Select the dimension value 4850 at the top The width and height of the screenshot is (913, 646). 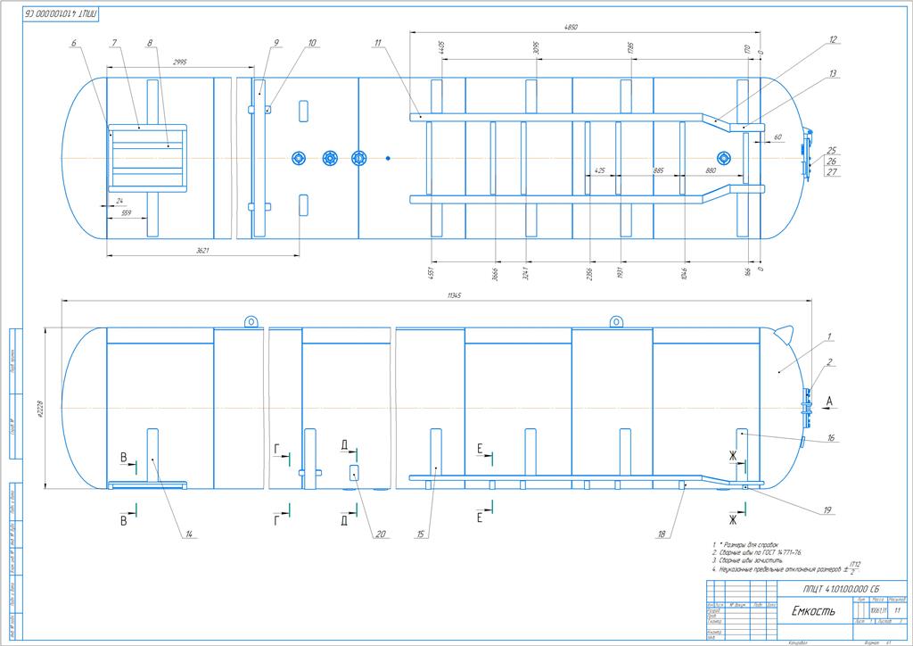(572, 28)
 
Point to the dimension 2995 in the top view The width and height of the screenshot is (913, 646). (180, 62)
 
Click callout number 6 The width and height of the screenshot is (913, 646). (74, 43)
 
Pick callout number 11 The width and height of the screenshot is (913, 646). (378, 43)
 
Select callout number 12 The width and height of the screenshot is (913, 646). (833, 40)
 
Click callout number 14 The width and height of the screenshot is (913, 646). (189, 534)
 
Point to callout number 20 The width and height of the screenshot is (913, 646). (381, 534)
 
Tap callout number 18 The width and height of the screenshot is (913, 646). (662, 534)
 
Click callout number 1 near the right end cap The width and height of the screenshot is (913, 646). (828, 336)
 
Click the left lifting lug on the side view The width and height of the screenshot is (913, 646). (251, 320)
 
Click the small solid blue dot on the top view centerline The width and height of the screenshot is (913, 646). (389, 159)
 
